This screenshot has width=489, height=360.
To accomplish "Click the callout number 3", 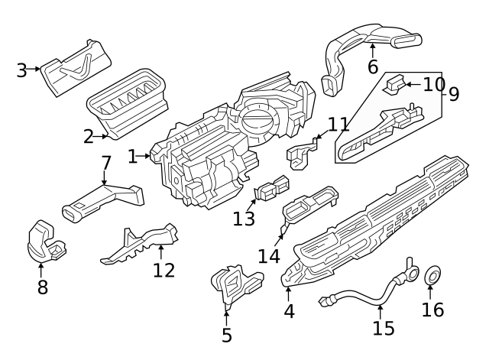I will [21, 71].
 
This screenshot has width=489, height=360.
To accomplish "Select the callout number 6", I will [372, 67].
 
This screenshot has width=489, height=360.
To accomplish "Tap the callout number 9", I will [453, 94].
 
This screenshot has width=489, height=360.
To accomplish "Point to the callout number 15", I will [384, 328].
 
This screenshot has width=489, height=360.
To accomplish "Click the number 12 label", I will [164, 270].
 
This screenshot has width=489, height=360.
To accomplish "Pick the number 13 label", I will [244, 219].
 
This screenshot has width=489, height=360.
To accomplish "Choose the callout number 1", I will [133, 157].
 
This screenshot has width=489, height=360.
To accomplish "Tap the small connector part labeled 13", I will [271, 189].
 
